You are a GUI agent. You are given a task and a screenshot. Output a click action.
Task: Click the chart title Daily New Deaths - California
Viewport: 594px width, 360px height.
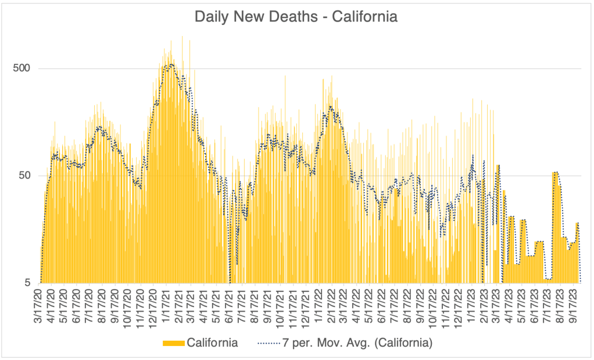pos(296,17)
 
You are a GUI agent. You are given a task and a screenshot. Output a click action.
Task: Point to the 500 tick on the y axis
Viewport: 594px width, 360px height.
pos(22,68)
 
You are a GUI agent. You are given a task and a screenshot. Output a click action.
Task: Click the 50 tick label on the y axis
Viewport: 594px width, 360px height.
pos(24,176)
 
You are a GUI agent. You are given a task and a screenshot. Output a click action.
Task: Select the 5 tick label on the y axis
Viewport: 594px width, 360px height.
pos(27,283)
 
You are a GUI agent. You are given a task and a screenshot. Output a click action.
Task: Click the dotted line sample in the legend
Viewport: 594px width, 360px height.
pos(269,343)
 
